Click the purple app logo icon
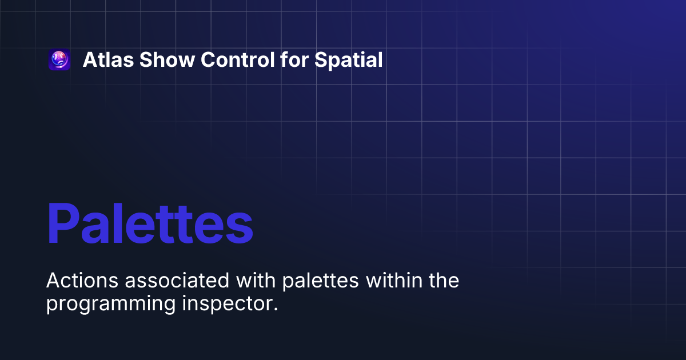click(x=59, y=60)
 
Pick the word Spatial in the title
click(x=348, y=60)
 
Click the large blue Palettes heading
click(x=150, y=223)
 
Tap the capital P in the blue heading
click(x=64, y=224)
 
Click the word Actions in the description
click(x=74, y=281)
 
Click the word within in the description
click(x=395, y=281)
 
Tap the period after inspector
click(x=275, y=309)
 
